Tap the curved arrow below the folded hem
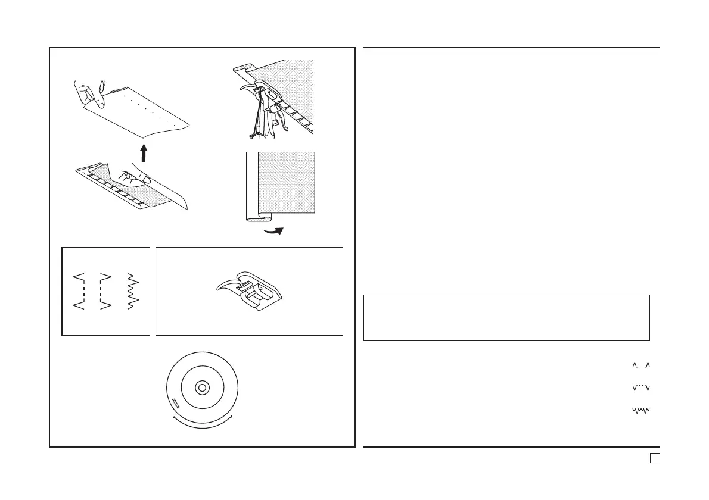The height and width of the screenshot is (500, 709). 275,230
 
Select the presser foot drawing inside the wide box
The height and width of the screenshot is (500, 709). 248,292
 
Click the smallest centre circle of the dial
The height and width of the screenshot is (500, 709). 202,388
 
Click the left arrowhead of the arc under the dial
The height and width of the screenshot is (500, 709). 173,418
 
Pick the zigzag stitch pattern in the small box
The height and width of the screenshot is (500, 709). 132,292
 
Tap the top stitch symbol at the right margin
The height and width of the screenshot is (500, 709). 640,365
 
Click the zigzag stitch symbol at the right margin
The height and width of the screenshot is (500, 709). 640,410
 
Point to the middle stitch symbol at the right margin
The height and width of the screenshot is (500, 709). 640,387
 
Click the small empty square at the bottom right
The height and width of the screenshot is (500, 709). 654,458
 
